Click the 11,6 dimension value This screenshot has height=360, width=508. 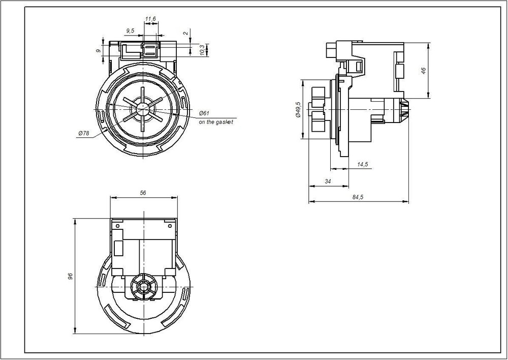pos(150,19)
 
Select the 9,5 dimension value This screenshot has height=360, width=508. pos(130,31)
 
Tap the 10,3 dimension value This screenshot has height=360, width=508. pos(202,50)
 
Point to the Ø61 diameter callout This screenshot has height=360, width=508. pos(204,113)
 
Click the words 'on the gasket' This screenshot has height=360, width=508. pos(216,122)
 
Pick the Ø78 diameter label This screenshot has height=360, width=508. pos(84,133)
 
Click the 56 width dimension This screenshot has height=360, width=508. pos(143,193)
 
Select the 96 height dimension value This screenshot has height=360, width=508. pos(71,276)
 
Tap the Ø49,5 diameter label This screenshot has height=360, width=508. pos(298,109)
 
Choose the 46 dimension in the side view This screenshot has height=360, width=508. pos(424,71)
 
